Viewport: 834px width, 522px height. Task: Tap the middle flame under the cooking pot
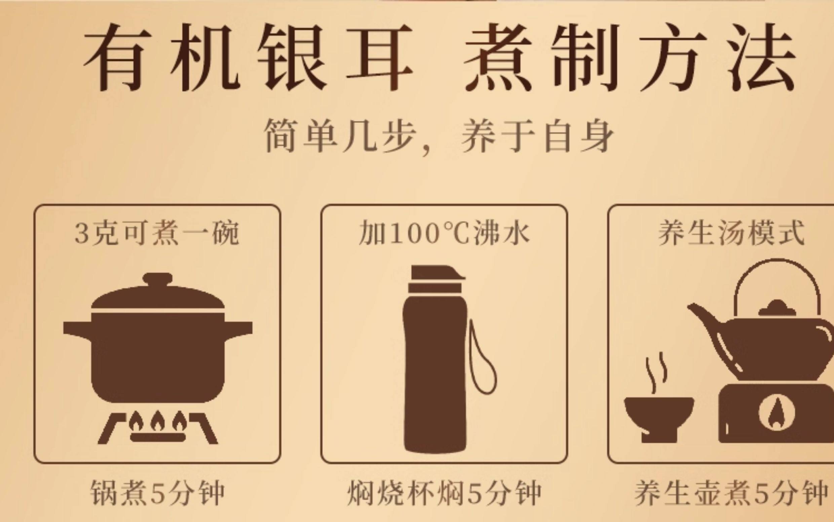pos(158,420)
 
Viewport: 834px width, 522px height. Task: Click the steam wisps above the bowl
pos(656,373)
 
